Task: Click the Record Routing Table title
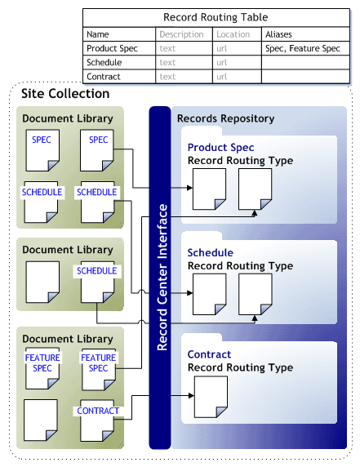pyautogui.click(x=216, y=17)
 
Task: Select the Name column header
pyautogui.click(x=98, y=34)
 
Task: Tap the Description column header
pyautogui.click(x=181, y=34)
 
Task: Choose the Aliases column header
pyautogui.click(x=279, y=34)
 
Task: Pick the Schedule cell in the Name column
pyautogui.click(x=104, y=62)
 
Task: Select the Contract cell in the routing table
pyautogui.click(x=104, y=77)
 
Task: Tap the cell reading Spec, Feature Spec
pyautogui.click(x=302, y=48)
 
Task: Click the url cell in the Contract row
pyautogui.click(x=221, y=77)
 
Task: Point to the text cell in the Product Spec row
pyautogui.click(x=167, y=48)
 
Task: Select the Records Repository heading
pyautogui.click(x=225, y=118)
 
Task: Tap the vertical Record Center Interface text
pyautogui.click(x=161, y=278)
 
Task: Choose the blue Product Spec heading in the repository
pyautogui.click(x=220, y=148)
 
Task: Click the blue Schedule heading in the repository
pyautogui.click(x=210, y=252)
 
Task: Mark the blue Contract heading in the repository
pyautogui.click(x=209, y=354)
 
